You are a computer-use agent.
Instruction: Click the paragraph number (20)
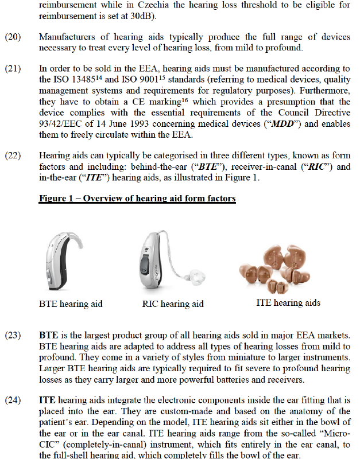pos(13,37)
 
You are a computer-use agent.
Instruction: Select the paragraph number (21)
pos(13,69)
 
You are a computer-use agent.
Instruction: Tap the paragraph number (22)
pos(13,155)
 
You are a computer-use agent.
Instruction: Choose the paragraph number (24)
pos(13,400)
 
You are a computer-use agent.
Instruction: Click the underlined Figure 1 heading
pos(137,199)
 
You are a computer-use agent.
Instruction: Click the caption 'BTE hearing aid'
pos(71,304)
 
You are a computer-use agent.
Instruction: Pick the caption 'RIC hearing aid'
pos(173,304)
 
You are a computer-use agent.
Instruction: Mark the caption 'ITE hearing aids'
pos(288,302)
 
